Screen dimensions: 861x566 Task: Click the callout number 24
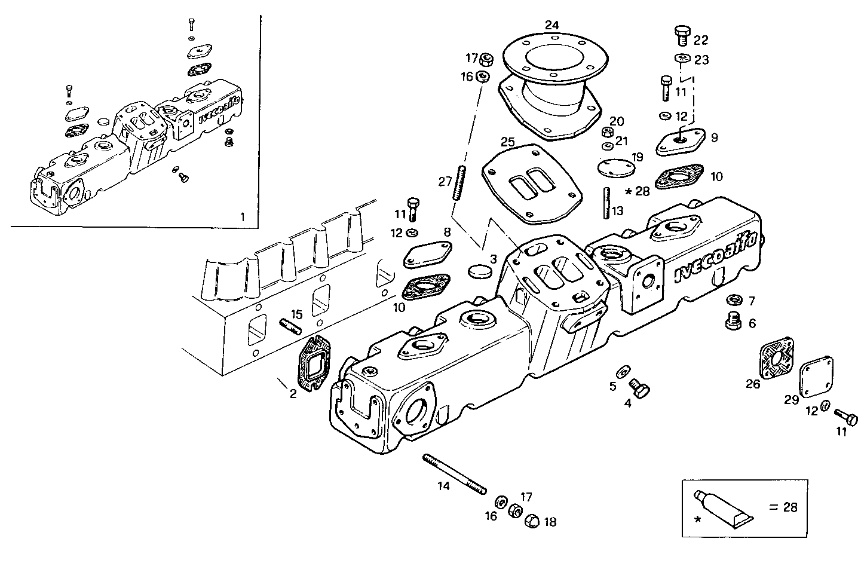(551, 25)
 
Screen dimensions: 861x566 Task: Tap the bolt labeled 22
(682, 35)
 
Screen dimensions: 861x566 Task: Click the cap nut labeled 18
(532, 521)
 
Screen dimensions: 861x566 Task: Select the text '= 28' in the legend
(783, 508)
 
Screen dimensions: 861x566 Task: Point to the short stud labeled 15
(291, 326)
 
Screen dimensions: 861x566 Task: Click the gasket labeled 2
(314, 364)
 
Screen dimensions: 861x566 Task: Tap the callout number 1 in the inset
(242, 217)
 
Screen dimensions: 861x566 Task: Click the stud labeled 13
(606, 203)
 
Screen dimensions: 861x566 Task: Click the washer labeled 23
(682, 58)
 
